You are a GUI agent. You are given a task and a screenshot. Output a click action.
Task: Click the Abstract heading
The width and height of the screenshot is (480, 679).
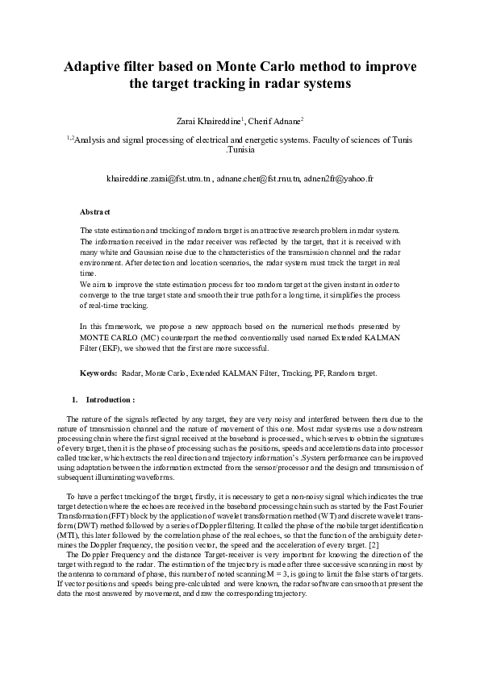click(95, 212)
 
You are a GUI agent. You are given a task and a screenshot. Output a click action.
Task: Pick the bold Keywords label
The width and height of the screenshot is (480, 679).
click(98, 373)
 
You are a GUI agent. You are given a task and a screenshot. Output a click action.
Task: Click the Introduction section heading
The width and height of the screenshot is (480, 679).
click(110, 399)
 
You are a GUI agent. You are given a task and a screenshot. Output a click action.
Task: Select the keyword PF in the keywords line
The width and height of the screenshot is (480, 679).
click(309, 373)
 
